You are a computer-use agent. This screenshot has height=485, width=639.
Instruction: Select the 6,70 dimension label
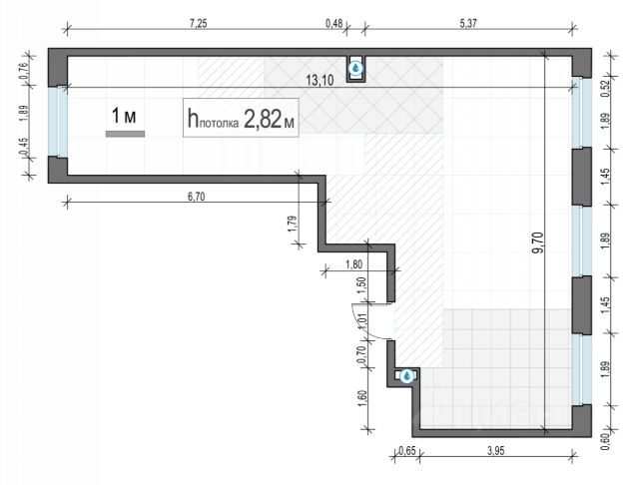pyautogui.click(x=197, y=196)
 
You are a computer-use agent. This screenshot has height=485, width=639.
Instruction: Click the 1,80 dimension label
pyautogui.click(x=353, y=265)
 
